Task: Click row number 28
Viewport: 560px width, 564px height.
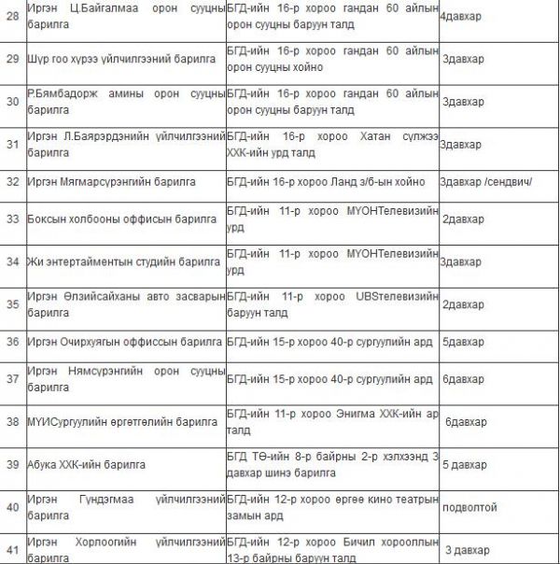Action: pyautogui.click(x=13, y=18)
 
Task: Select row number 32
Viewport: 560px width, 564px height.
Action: pyautogui.click(x=13, y=182)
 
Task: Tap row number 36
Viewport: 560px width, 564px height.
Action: pyautogui.click(x=13, y=341)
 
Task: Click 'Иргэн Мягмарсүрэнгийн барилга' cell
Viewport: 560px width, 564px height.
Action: pyautogui.click(x=111, y=182)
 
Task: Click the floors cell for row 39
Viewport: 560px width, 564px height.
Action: pyautogui.click(x=466, y=464)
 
